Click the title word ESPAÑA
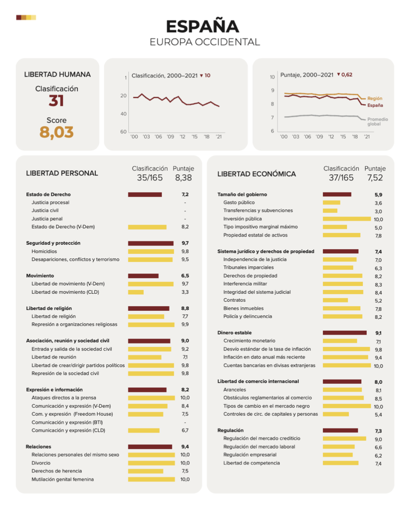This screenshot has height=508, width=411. click(202, 26)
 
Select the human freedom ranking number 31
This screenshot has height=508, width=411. click(56, 101)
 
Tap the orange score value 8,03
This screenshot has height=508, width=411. click(56, 132)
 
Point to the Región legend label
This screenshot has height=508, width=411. click(375, 98)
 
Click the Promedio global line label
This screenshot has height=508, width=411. click(377, 121)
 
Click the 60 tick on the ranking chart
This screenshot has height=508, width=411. click(123, 132)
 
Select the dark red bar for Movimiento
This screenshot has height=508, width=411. click(143, 276)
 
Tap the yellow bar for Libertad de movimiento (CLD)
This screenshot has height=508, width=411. click(136, 292)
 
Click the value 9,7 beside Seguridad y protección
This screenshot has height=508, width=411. click(185, 243)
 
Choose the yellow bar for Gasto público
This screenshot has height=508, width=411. click(331, 203)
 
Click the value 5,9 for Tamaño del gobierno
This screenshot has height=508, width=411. click(378, 195)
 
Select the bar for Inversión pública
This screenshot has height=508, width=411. click(347, 219)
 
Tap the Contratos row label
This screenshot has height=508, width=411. click(234, 300)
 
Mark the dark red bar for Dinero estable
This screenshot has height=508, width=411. click(344, 333)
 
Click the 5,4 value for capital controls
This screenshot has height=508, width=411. click(378, 414)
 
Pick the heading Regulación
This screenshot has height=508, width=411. click(230, 430)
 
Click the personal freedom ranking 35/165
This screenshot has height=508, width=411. click(150, 178)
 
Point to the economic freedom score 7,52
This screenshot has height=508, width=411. click(375, 178)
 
